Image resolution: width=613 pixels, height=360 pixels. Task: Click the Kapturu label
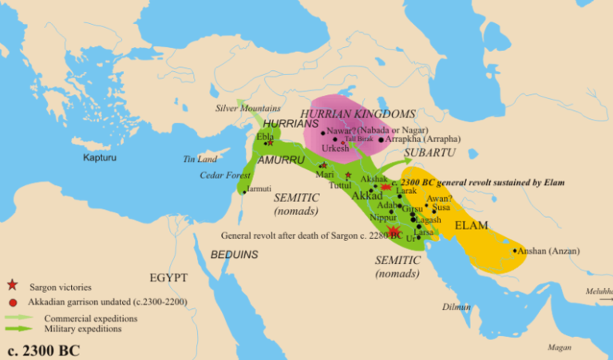(x=101, y=157)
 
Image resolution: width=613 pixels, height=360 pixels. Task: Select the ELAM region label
(x=471, y=226)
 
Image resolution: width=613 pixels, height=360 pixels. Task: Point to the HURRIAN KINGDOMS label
(x=358, y=114)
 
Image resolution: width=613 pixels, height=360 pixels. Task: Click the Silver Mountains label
(x=248, y=108)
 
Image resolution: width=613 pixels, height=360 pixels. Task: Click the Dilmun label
(x=455, y=306)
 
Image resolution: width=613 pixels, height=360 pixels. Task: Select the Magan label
(x=560, y=347)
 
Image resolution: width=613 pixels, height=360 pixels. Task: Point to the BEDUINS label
(x=235, y=255)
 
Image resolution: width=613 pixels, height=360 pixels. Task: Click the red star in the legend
(x=12, y=285)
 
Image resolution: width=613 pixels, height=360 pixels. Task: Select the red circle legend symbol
(x=12, y=302)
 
